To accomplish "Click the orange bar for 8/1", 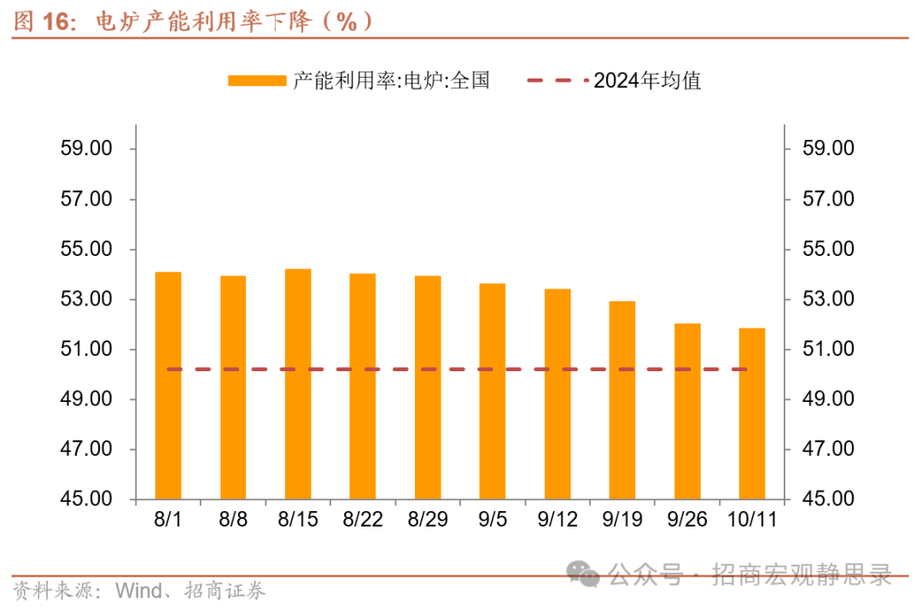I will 168,385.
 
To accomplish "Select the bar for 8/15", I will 298,384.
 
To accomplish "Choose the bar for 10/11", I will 752,413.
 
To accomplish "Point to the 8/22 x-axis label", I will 363,519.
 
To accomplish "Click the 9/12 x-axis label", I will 557,519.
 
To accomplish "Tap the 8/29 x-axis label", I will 428,519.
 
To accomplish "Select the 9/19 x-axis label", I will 622,519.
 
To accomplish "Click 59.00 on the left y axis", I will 86,148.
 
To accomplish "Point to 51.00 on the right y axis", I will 828,349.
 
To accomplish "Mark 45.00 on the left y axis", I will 86,499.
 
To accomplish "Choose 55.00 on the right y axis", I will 828,249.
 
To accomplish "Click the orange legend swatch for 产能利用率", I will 256,81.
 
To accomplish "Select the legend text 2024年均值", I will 647,81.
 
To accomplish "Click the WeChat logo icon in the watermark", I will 585,573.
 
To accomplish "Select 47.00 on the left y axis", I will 86,449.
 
